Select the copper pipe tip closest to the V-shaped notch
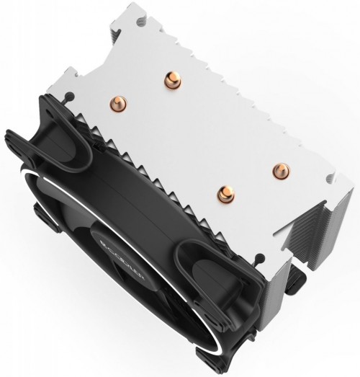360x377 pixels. pyautogui.click(x=278, y=170)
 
